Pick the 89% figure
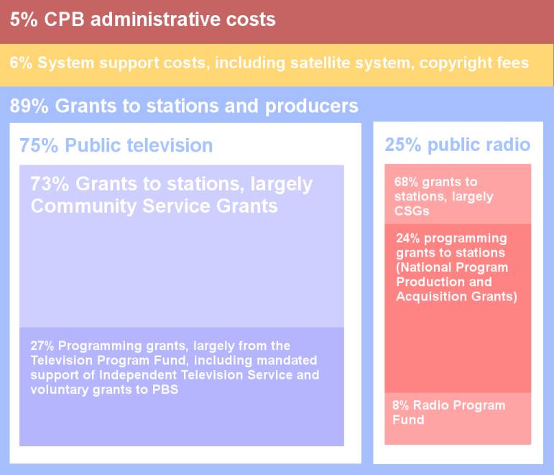[x=29, y=106]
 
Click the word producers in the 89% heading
[x=312, y=106]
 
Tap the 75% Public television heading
[x=116, y=145]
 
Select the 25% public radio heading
[x=458, y=145]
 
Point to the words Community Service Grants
[x=154, y=207]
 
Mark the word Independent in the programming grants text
[x=127, y=376]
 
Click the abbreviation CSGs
[x=411, y=211]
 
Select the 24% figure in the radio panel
[x=410, y=239]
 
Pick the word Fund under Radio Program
[x=408, y=420]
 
